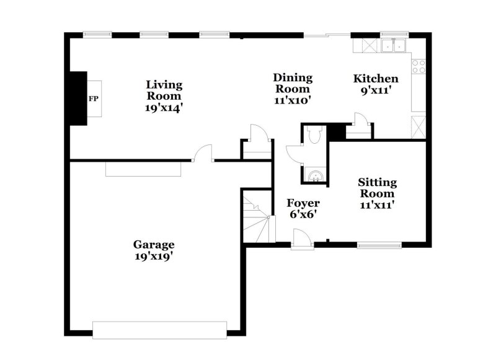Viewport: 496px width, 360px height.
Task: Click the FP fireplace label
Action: [x=94, y=99]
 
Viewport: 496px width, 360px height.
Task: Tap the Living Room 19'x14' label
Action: [x=164, y=95]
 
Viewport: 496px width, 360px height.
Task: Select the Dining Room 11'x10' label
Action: [x=293, y=89]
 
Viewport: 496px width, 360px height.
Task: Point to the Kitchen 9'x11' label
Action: [x=376, y=84]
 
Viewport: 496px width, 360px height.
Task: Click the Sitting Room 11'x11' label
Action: [x=377, y=193]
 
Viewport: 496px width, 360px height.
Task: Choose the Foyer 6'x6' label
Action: [x=303, y=209]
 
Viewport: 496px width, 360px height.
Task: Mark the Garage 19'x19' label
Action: [x=154, y=249]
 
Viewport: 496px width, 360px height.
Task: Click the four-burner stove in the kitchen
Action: [x=419, y=63]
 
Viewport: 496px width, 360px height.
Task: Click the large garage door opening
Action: [x=159, y=329]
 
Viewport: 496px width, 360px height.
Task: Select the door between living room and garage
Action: [x=204, y=154]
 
